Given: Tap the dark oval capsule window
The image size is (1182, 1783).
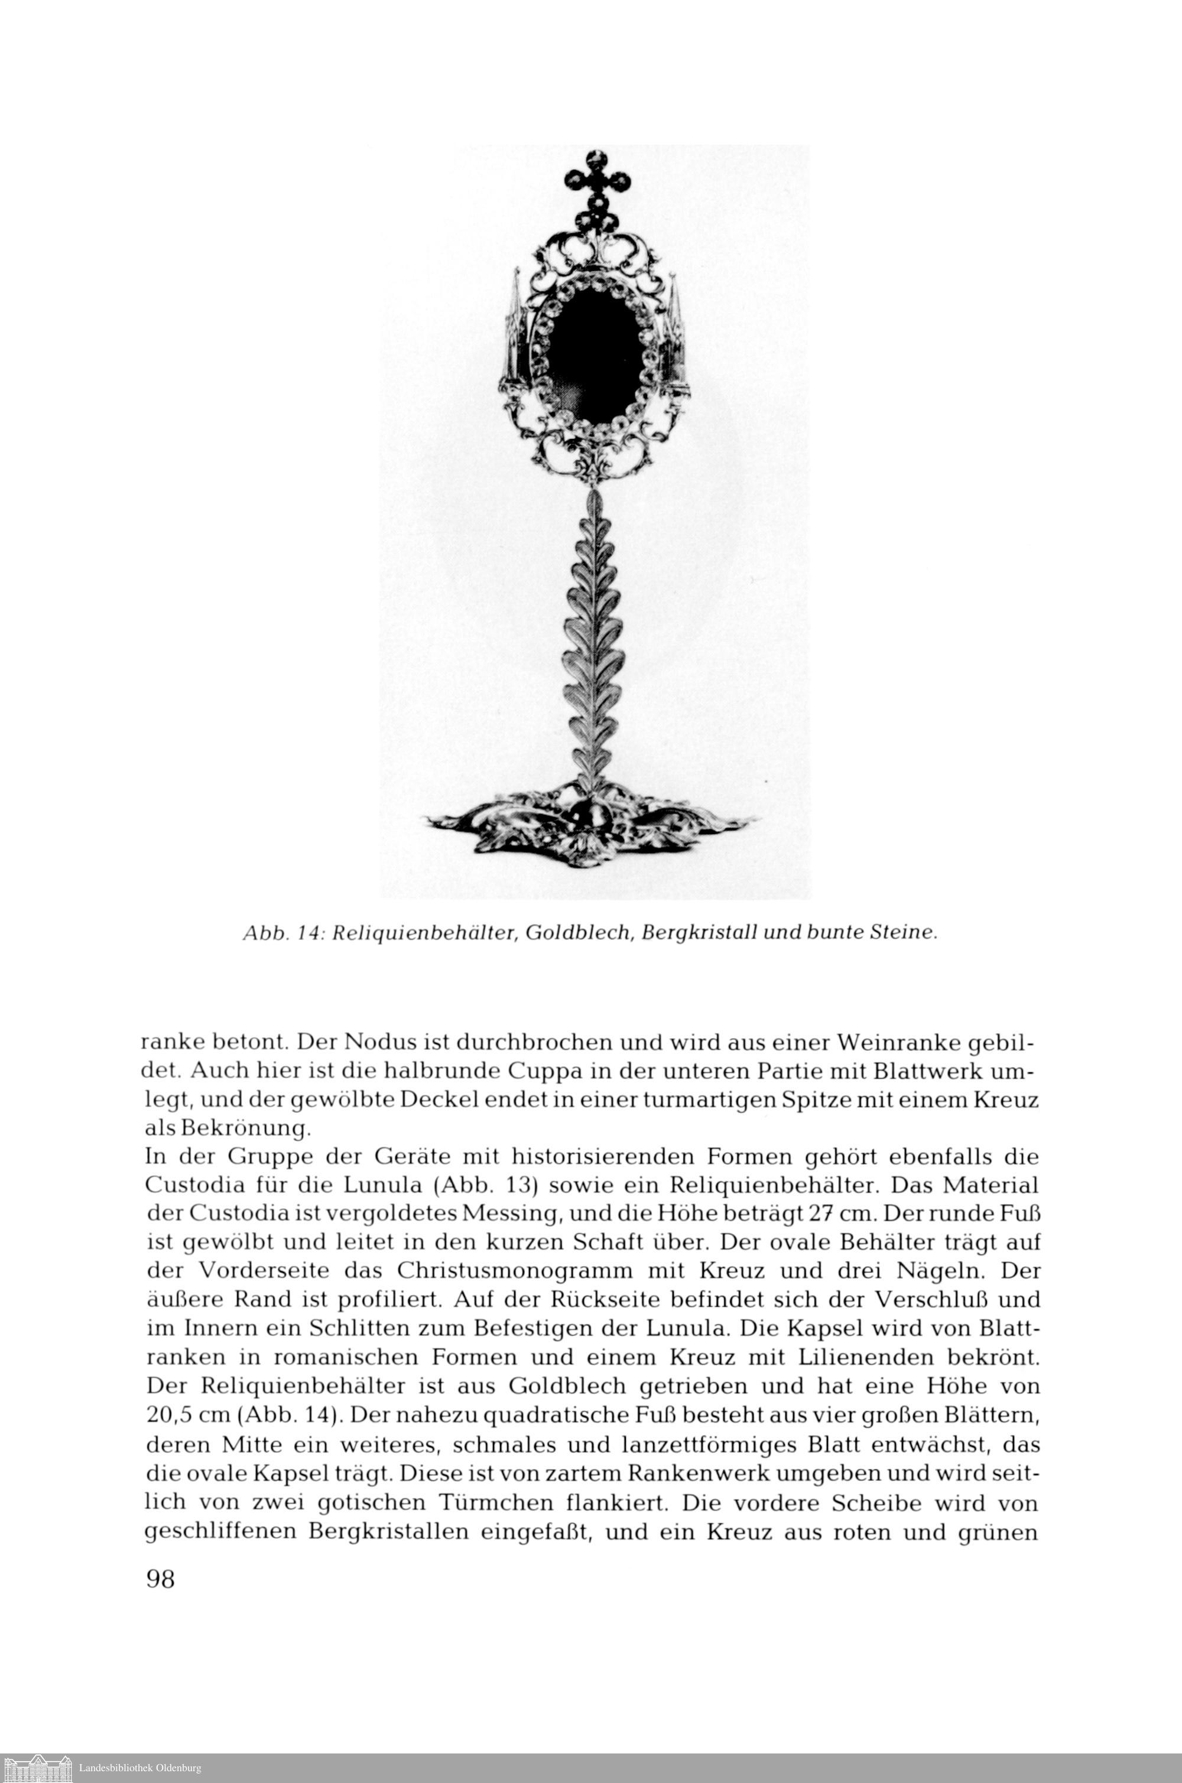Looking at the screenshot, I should [x=596, y=351].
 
